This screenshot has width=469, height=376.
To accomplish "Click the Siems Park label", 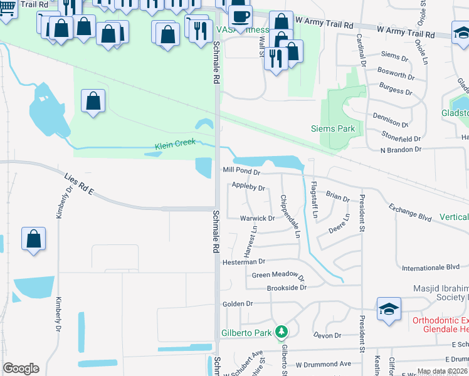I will [333, 128].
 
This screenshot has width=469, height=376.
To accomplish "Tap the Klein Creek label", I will [176, 145].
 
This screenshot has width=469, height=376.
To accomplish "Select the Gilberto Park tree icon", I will [282, 332].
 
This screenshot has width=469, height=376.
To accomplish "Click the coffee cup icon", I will [240, 16].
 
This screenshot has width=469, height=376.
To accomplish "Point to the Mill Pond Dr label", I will [241, 170].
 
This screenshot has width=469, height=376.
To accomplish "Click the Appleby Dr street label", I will [248, 186].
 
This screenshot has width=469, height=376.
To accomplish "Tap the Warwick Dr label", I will [257, 218].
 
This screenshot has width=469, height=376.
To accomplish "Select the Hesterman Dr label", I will [244, 261].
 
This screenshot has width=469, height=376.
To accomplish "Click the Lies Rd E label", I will [78, 185].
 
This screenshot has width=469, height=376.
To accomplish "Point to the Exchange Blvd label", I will [410, 212].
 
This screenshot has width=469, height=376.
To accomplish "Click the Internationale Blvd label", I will [431, 268].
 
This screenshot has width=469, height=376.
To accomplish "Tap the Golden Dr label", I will [238, 304].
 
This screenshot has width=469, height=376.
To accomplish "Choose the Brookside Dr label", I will [287, 288].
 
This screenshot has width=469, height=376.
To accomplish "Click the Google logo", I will [21, 368].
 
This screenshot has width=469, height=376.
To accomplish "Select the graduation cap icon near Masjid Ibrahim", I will [389, 308].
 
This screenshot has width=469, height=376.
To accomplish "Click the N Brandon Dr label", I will [401, 150].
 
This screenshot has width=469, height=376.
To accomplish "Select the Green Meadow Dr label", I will [277, 276].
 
